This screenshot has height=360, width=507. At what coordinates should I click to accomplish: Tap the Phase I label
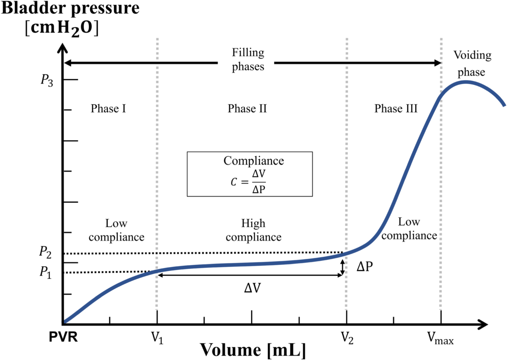tap(108, 109)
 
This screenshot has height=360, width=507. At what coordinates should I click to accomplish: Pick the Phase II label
tap(247, 109)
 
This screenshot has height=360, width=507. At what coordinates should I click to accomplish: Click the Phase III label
tap(396, 109)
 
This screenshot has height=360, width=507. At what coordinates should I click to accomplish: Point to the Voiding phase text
tap(472, 64)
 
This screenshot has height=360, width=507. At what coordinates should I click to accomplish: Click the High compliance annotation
tap(253, 230)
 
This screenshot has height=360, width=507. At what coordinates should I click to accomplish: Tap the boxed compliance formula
tap(250, 174)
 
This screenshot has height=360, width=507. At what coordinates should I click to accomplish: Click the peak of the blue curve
tap(465, 82)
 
